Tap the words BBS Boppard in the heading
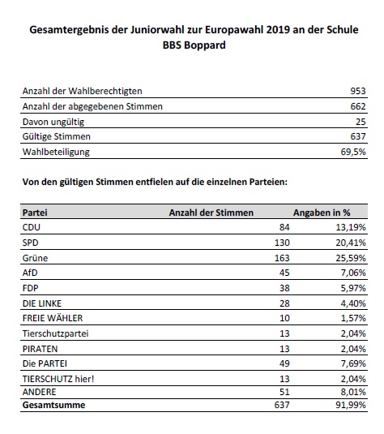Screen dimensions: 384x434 [x=194, y=45]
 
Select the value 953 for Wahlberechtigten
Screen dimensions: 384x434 [x=358, y=91]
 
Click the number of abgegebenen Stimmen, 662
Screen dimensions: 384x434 [x=358, y=106]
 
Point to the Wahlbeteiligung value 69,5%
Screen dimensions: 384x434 [x=353, y=152]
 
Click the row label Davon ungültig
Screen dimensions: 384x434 [x=53, y=122]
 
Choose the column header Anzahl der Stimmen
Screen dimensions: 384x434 [x=211, y=213]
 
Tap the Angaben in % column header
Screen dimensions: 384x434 [x=322, y=213]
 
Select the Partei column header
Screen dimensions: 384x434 [x=35, y=213]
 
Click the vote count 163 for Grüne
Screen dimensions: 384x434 [x=282, y=258]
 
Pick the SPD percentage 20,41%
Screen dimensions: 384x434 [x=351, y=243]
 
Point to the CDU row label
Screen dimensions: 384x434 [x=32, y=227]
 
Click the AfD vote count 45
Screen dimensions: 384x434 [x=284, y=273]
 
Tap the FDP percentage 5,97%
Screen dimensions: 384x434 [x=353, y=288]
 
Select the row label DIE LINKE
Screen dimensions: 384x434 [x=42, y=303]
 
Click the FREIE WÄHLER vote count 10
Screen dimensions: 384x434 [x=284, y=318]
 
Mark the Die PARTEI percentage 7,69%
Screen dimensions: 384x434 [x=353, y=363]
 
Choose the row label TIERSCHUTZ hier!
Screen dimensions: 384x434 [x=58, y=379]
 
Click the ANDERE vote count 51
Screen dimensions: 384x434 [x=284, y=392]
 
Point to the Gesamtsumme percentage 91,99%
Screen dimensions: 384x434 [x=351, y=405]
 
